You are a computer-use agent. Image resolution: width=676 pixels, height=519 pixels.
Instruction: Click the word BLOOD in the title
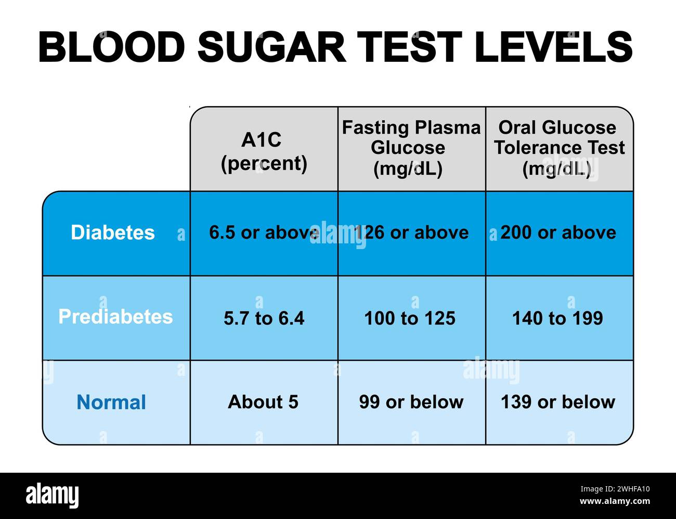tap(112, 47)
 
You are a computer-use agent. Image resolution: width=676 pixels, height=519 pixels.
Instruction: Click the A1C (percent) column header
tap(264, 151)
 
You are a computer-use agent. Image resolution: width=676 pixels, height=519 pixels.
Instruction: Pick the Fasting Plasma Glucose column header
tap(411, 148)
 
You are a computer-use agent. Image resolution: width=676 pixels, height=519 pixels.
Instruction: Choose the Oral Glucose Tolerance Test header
tap(559, 148)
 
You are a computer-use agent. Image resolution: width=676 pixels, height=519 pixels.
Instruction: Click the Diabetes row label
tap(113, 232)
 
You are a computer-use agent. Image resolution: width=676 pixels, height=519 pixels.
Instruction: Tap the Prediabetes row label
tap(115, 317)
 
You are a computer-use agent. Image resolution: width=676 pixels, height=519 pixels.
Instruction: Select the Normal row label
tap(111, 402)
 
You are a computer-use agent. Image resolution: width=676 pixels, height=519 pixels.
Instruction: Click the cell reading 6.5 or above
tap(264, 232)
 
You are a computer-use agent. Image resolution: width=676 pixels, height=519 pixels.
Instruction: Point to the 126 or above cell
tap(411, 232)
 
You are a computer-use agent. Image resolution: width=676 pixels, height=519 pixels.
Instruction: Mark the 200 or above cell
tap(558, 232)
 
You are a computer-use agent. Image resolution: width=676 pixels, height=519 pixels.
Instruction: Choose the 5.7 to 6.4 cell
tap(264, 318)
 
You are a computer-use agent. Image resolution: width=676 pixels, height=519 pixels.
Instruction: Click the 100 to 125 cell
tap(410, 318)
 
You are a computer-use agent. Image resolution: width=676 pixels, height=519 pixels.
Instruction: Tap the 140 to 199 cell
tap(557, 318)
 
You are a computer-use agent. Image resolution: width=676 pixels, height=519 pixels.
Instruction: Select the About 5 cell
tap(263, 402)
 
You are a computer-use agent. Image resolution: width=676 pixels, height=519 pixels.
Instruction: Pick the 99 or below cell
tap(411, 402)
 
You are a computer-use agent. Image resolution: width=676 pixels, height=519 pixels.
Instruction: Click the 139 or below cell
tap(558, 402)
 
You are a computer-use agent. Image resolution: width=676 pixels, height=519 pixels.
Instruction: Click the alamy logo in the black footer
tap(52, 496)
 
